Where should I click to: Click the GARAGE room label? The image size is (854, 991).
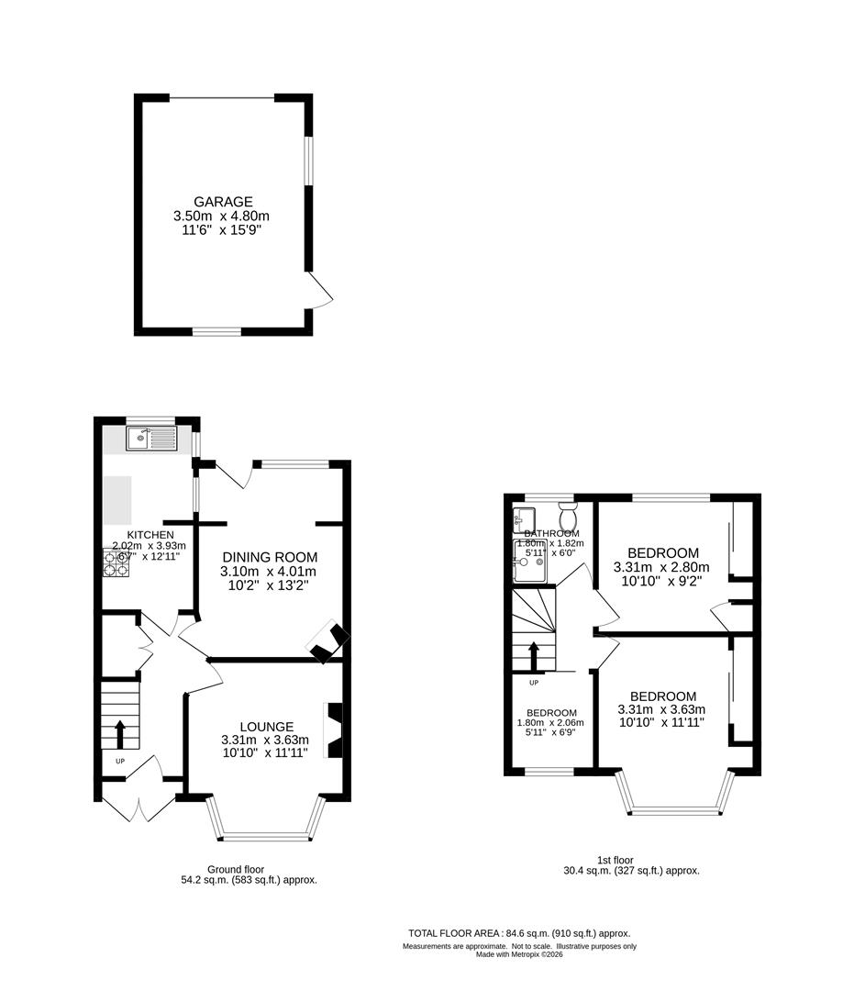tap(222, 202)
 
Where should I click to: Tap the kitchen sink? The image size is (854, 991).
tap(150, 439)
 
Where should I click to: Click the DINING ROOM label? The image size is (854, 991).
tap(269, 557)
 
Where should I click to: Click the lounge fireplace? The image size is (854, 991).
tap(335, 730)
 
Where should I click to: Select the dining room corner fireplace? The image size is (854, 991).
tap(327, 641)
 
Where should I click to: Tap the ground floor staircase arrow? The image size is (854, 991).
tap(119, 735)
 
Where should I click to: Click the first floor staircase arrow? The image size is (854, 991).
tap(533, 657)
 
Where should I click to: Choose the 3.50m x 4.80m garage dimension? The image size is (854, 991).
tap(222, 216)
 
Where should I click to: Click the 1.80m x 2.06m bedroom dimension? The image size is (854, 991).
tap(551, 723)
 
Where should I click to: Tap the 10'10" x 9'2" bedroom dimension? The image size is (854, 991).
tap(662, 581)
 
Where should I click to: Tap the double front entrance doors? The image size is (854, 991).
tap(138, 805)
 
